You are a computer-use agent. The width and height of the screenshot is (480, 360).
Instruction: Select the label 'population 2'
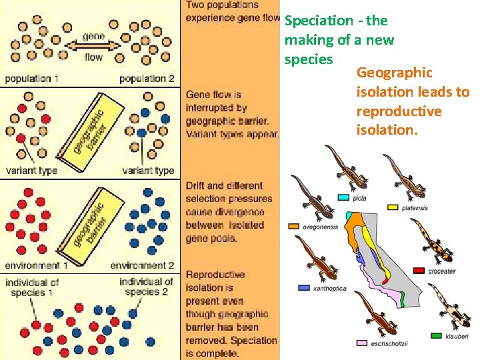tap(147, 79)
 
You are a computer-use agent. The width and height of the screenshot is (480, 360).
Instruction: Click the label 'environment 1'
tap(33, 265)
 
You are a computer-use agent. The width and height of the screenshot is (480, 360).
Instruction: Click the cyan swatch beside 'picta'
tap(344, 197)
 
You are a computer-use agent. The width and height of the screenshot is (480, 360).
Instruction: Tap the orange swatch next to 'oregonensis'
tap(293, 227)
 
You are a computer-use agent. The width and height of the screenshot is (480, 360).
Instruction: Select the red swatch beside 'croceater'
tap(419, 271)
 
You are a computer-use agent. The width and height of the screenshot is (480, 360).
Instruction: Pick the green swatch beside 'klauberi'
tap(437, 335)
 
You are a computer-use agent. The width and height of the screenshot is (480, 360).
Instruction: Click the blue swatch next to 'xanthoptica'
tap(304, 288)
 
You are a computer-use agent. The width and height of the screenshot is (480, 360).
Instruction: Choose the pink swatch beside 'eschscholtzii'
tap(361, 343)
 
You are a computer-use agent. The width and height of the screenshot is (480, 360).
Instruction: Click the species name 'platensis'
tap(415, 208)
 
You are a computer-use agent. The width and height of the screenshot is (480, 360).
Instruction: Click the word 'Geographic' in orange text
tap(394, 72)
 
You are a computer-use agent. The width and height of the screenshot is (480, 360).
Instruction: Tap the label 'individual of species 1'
tap(32, 287)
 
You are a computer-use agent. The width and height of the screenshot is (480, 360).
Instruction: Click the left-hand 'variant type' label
tap(32, 171)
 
